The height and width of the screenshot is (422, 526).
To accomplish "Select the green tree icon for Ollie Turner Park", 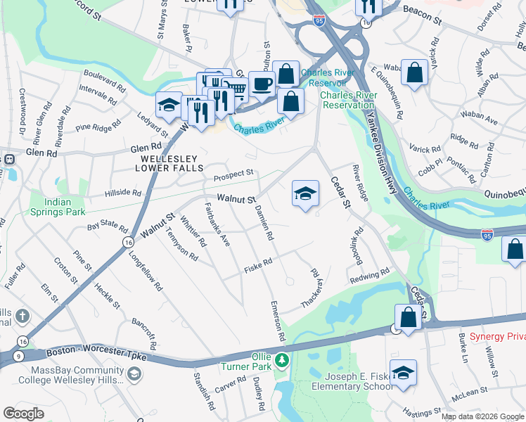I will pyautogui.click(x=282, y=361).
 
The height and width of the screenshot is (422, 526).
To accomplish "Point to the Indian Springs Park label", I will pyautogui.click(x=58, y=206).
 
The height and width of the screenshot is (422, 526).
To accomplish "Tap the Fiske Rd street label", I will pyautogui.click(x=258, y=269).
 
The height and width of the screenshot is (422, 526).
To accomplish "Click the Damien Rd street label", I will pyautogui.click(x=264, y=223).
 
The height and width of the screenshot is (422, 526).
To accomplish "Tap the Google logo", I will pyautogui.click(x=23, y=413).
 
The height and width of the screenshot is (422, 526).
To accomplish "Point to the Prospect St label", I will pyautogui.click(x=233, y=173).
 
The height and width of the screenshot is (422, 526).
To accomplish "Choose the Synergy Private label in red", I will pyautogui.click(x=496, y=337).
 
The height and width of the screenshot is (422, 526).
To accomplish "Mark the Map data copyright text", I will pyautogui.click(x=482, y=416).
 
